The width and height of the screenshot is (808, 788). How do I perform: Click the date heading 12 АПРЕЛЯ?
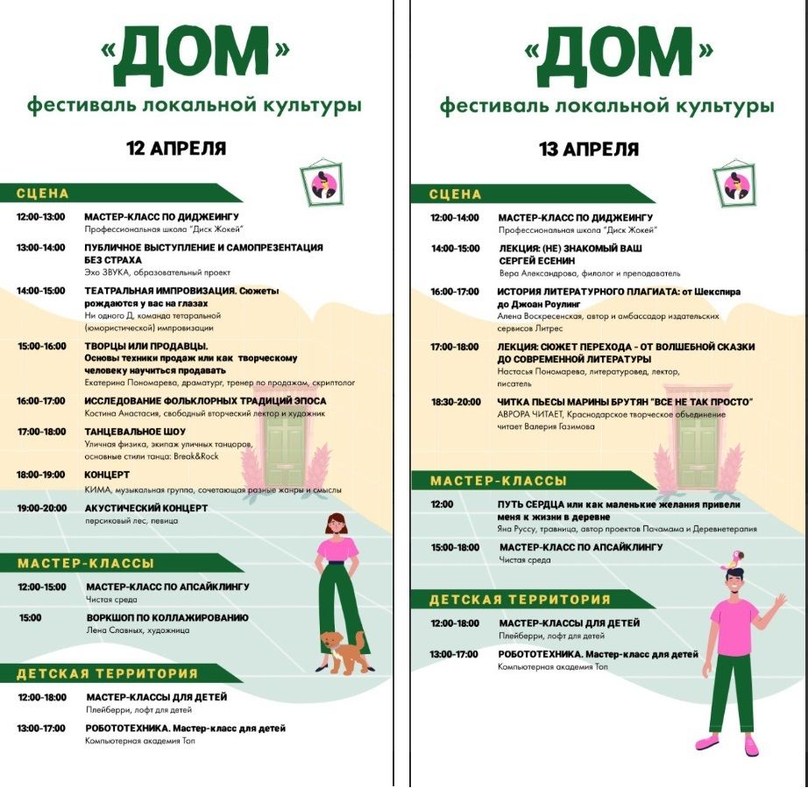(x=176, y=148)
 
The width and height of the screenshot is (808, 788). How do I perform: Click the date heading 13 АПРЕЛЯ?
(x=589, y=149)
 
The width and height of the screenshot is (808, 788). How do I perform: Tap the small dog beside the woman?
(x=344, y=652)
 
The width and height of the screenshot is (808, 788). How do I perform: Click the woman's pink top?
(x=337, y=549)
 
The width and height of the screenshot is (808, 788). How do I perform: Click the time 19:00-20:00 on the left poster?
(x=40, y=508)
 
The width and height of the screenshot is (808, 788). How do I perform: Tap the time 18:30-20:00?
(x=455, y=402)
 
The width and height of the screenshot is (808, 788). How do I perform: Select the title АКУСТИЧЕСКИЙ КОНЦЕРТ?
(x=146, y=508)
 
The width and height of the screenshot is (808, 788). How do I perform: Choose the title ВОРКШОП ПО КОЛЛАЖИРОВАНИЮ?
(x=167, y=617)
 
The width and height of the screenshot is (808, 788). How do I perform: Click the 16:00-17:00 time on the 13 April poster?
(x=455, y=292)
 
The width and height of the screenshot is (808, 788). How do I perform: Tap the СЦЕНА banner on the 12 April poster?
(x=44, y=193)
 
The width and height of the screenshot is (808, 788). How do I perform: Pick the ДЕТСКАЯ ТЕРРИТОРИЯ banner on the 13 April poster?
(x=520, y=600)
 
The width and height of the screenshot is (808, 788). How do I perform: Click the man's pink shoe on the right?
(x=750, y=746)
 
